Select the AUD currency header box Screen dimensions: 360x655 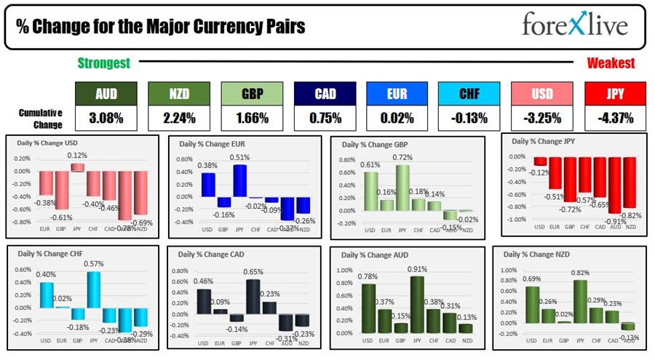106,94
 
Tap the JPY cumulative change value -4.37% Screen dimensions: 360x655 615,117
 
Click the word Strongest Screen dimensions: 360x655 104,63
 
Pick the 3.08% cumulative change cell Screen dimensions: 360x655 106,117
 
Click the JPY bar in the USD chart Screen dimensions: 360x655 76,167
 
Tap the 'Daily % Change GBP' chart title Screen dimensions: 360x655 377,145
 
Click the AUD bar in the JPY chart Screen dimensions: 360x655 615,185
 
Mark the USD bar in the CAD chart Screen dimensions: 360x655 205,300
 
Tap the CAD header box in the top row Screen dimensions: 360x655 324,94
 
